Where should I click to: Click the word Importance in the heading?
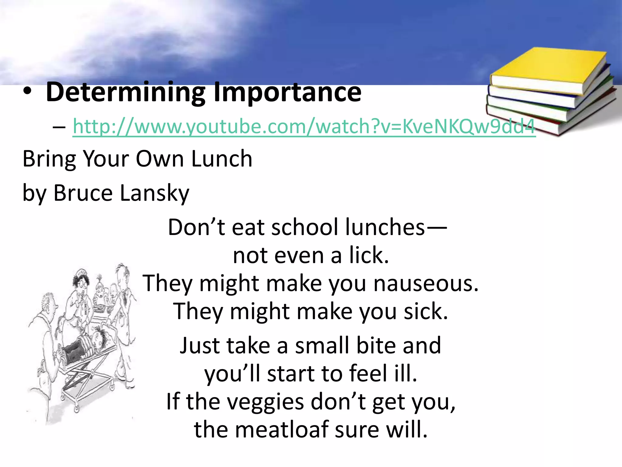click(287, 92)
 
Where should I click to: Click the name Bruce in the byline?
click(83, 193)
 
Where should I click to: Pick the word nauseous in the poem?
click(426, 284)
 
